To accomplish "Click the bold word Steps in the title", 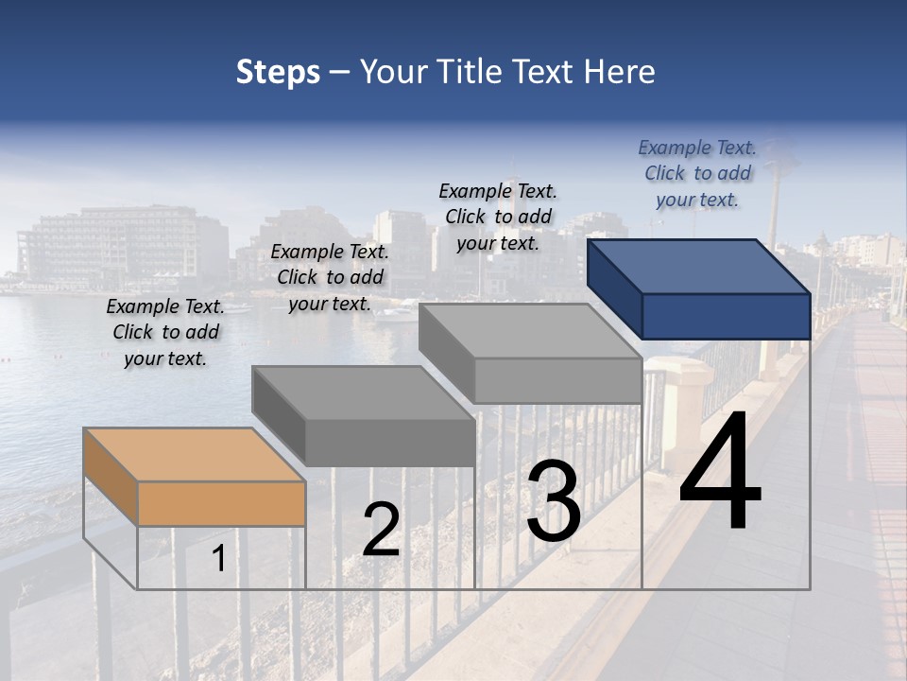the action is pos(278,72).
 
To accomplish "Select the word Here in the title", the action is pos(616,72).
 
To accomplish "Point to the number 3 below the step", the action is pos(554,501).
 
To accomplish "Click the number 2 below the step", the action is pos(381,530).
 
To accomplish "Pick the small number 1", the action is pos(218,558).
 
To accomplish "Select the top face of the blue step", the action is pos(699,266).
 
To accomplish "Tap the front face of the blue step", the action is pos(726,316).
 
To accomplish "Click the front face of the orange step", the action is pos(221,503).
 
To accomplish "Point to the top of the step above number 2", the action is pos(363,392).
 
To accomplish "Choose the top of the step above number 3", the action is pos(530,330).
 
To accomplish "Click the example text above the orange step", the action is pos(165,332).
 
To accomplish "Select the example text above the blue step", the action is pos(697,173).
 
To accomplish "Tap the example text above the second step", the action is pos(330,277).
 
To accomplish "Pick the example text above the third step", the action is pos(498,217).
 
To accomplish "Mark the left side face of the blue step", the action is pos(614,289).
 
